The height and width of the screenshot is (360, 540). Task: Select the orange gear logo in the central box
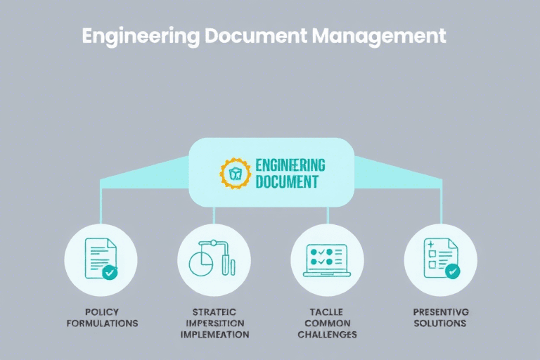(x=235, y=173)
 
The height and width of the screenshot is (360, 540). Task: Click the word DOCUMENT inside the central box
(x=286, y=182)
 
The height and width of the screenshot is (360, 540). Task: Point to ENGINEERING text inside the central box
(x=290, y=165)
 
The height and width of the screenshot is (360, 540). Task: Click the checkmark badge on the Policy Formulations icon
(x=110, y=271)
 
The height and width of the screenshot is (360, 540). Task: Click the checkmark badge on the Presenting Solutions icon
(x=452, y=271)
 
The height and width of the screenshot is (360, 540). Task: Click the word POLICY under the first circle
(x=102, y=311)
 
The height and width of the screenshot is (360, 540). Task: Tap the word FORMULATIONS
(x=102, y=323)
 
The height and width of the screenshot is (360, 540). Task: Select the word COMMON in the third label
(x=327, y=323)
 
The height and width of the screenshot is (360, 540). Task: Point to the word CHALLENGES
(x=327, y=335)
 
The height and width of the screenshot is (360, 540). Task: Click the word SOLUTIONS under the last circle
(x=440, y=323)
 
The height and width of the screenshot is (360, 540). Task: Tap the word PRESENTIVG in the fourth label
(x=440, y=311)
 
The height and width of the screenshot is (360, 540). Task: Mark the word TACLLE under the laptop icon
(x=327, y=311)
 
